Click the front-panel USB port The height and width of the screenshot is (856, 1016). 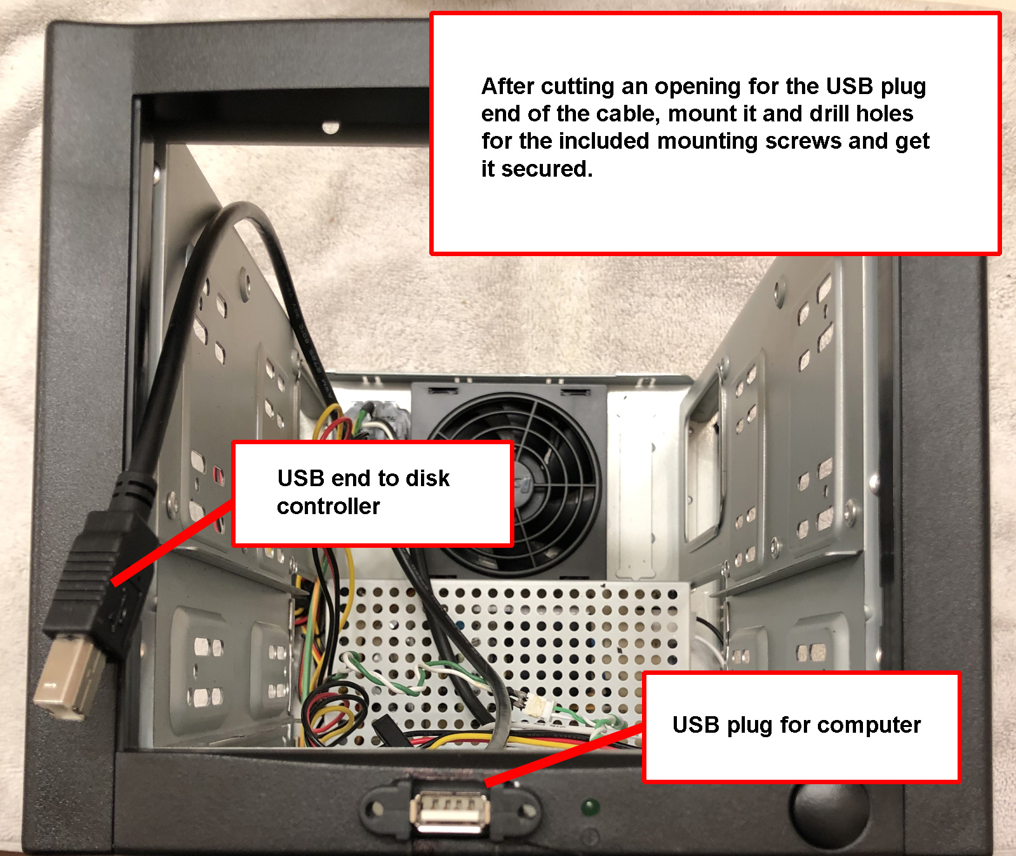450,813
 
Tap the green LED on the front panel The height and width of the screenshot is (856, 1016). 591,808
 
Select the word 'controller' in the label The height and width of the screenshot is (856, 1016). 328,506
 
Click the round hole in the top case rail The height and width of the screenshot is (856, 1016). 330,127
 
